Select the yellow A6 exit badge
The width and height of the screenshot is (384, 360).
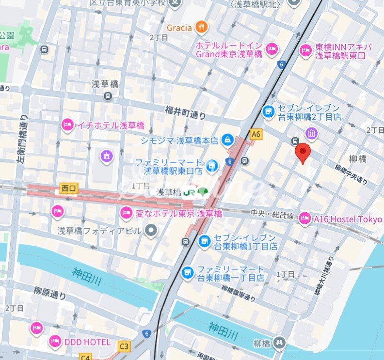click(256, 134)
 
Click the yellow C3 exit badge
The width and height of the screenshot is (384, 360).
click(125, 346)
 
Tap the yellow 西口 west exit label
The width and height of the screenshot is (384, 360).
click(68, 187)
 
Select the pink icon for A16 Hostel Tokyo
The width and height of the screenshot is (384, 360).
click(305, 219)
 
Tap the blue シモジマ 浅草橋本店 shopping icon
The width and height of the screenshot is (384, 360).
click(226, 141)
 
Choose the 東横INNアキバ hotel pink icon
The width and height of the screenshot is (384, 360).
click(305, 50)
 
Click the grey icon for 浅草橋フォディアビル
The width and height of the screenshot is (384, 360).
click(152, 230)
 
